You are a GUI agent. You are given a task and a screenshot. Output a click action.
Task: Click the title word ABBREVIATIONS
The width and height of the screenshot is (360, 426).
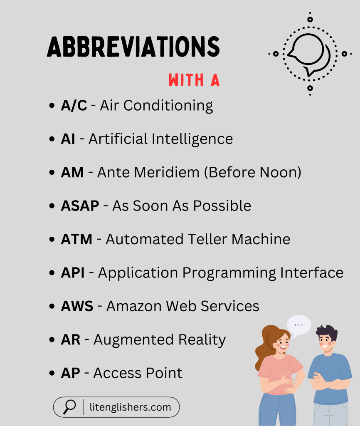tap(133, 47)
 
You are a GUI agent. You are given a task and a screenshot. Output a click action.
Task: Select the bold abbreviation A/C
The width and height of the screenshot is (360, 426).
tap(74, 106)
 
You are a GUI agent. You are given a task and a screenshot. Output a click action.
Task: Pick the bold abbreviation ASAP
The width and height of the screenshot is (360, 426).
tap(80, 206)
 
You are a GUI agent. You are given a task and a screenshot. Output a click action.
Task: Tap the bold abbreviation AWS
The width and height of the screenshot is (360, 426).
tap(77, 306)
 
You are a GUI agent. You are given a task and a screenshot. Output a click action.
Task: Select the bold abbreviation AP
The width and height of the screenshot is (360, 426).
tap(70, 373)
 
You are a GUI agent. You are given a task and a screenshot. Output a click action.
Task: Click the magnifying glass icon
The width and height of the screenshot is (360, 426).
tap(69, 406)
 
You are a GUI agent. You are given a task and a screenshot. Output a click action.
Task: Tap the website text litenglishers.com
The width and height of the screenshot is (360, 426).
tap(130, 407)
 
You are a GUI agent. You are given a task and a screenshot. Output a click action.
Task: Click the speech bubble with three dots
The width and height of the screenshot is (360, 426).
tap(298, 324)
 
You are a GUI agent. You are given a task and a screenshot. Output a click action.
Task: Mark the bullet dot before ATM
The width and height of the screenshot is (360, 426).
tap(52, 240)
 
